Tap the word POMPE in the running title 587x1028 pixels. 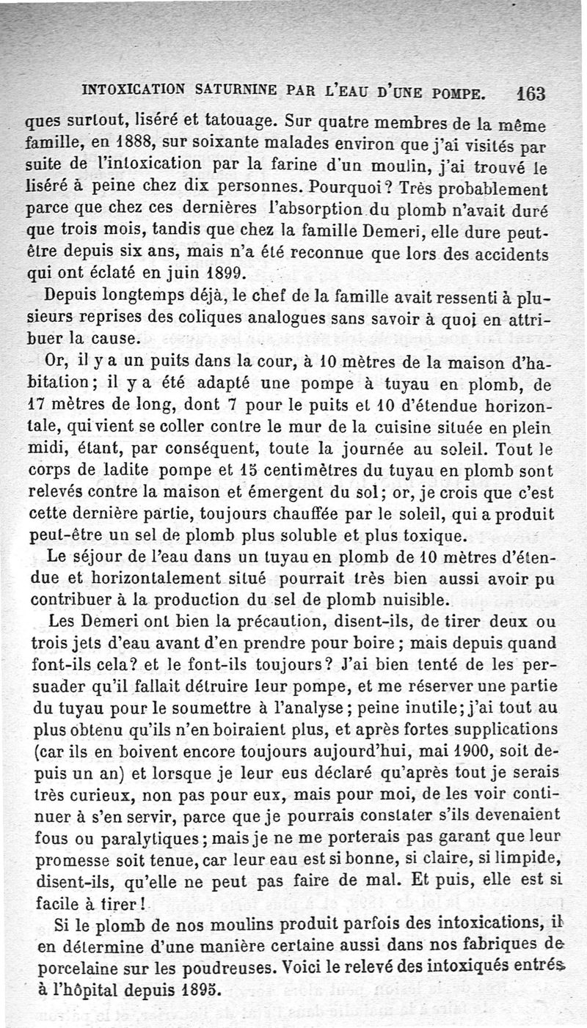459,93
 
